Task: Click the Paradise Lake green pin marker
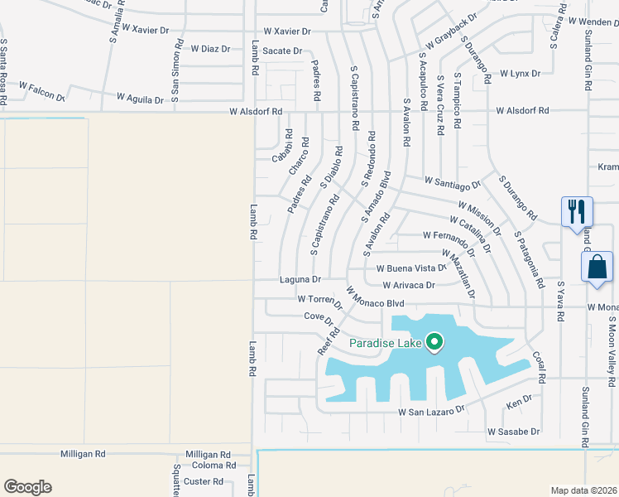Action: pos(434,341)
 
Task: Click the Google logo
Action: pos(27,487)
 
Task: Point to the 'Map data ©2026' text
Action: pos(583,490)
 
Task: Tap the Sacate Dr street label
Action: pos(282,51)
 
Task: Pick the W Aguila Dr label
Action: pos(138,99)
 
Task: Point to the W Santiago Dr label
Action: pos(452,181)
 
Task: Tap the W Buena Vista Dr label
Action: pos(411,268)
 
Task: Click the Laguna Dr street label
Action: pos(300,279)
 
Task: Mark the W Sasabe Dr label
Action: pos(513,432)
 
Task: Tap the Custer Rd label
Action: pos(198,481)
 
